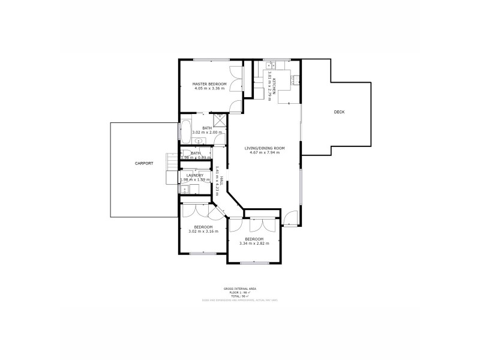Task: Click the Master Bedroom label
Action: coord(209,83)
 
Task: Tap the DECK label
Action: coord(339,112)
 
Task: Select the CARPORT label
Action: coord(144,163)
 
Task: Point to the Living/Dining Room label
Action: coord(265,148)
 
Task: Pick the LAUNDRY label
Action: coord(195,175)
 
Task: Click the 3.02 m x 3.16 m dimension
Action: coord(203,231)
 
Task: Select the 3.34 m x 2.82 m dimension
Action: coord(254,243)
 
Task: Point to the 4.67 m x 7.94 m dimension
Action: coord(265,152)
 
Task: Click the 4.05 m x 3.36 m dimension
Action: coord(209,88)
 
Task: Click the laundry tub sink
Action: coord(185,190)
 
